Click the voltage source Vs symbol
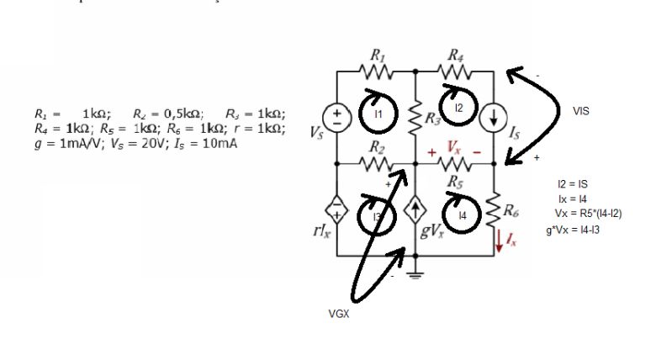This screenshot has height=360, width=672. point(336,117)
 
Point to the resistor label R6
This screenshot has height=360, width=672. point(510,209)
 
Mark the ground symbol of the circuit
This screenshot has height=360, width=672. point(415,275)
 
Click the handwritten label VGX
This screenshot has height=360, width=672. point(339,314)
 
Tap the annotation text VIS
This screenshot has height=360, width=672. point(581,110)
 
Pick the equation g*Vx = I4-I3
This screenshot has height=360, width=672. point(578,229)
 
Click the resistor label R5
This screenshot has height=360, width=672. point(455,180)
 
